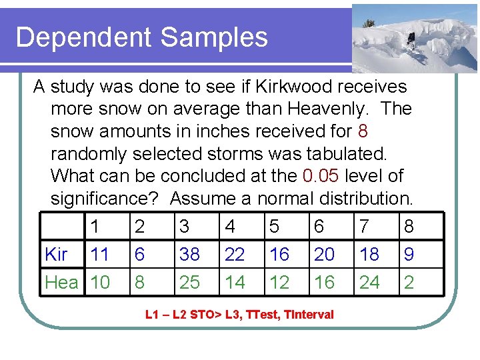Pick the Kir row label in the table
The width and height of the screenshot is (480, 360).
[x=56, y=255]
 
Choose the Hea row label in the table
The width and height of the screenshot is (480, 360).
[x=61, y=283]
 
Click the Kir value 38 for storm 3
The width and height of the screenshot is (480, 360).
[x=189, y=255]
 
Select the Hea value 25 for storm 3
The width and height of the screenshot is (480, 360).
[x=189, y=283]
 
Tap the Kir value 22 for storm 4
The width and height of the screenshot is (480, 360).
[x=235, y=255]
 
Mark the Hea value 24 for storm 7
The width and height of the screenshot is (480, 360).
[x=369, y=283]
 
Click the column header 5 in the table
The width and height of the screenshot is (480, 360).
[x=274, y=227]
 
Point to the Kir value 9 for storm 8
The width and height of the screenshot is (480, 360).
[x=409, y=255]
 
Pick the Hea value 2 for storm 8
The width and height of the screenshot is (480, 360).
[x=409, y=283]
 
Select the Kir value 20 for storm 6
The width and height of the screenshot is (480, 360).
[x=324, y=255]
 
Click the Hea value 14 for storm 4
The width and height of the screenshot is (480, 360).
[x=235, y=283]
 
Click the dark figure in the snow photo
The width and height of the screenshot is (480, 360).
[x=411, y=41]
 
